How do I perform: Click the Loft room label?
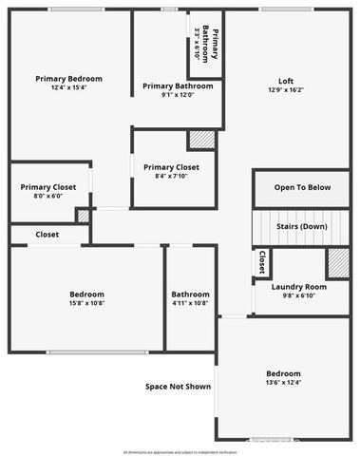click(285, 81)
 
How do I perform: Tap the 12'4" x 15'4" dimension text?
click(68, 88)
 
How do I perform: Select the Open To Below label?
click(303, 187)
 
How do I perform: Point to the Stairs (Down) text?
click(302, 227)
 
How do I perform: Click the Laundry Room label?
click(298, 287)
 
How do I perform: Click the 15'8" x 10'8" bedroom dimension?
click(86, 304)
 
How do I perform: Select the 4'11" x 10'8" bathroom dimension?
click(190, 304)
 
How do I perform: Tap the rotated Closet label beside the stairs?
click(261, 262)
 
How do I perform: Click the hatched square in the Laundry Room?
click(338, 262)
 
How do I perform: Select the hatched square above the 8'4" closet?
click(201, 140)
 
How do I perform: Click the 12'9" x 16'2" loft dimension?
click(285, 91)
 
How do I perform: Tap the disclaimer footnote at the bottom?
click(180, 450)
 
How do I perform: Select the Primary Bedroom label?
click(68, 79)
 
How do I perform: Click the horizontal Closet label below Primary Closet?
click(47, 234)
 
